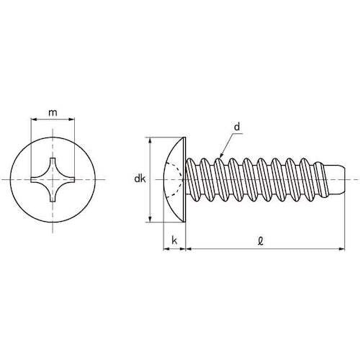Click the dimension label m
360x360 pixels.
[x=53, y=113]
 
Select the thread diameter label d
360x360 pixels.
[x=236, y=127]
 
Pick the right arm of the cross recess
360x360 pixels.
[x=71, y=179]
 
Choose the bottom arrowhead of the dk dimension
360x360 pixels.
[x=150, y=219]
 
